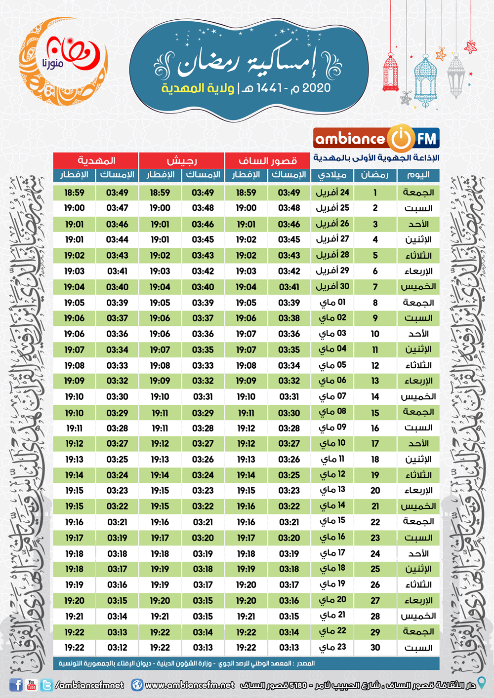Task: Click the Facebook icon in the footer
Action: [x=16, y=685]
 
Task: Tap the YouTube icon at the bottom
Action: [x=32, y=685]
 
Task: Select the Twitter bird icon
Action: [x=47, y=685]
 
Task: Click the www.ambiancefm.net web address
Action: [x=190, y=685]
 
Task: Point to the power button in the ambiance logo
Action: [x=401, y=138]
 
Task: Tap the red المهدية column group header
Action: [x=96, y=160]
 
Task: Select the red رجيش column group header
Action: [x=182, y=160]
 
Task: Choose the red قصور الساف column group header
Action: [x=268, y=160]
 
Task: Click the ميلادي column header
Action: [x=332, y=175]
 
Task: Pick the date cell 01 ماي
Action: [x=332, y=302]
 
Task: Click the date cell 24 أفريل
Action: [x=332, y=193]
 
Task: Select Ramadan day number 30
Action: [x=375, y=648]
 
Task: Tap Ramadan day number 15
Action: [x=375, y=412]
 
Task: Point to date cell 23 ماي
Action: [x=332, y=647]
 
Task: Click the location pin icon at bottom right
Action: [x=482, y=683]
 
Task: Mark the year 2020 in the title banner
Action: [x=316, y=88]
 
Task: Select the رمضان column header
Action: [x=374, y=175]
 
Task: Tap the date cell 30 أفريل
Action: [x=332, y=286]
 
